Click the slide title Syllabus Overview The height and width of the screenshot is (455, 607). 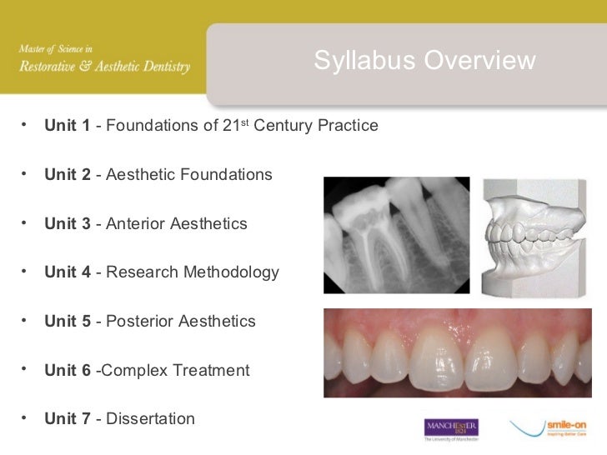(424, 61)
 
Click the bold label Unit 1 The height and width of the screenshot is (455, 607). (68, 126)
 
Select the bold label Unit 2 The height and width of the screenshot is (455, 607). (68, 175)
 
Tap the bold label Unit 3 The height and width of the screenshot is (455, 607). (68, 224)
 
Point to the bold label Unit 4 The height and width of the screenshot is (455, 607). (68, 272)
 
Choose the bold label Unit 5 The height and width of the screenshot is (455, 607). (68, 322)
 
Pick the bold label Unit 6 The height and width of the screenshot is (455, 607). (68, 370)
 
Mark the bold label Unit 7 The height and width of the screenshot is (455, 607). (68, 418)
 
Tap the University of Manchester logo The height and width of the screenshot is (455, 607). (452, 429)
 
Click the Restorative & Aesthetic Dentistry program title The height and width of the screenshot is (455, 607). (105, 67)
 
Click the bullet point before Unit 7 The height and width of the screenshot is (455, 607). (26, 416)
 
